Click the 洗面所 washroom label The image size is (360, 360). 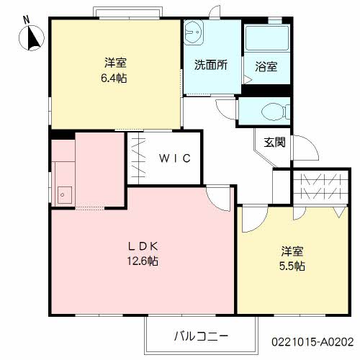click(210, 63)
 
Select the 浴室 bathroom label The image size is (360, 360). click(266, 67)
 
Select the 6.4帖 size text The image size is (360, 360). click(114, 77)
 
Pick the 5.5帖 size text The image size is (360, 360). click(292, 266)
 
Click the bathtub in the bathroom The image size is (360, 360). click(266, 42)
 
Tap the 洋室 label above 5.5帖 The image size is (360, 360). click(292, 251)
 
